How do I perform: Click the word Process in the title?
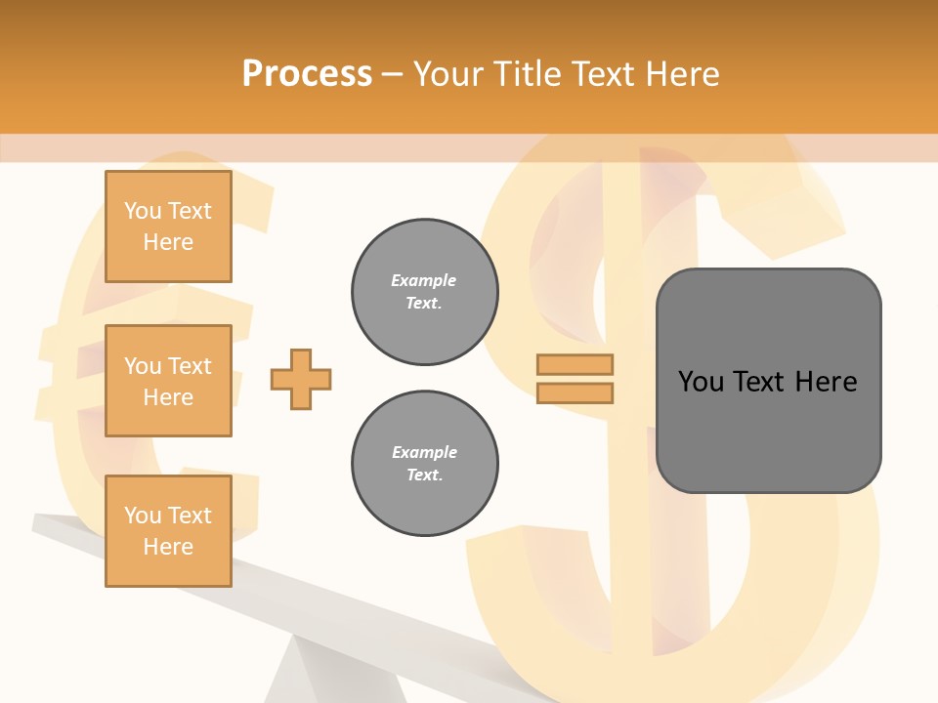[x=307, y=74]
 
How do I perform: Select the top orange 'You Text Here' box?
[x=168, y=227]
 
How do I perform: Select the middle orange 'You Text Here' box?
[x=168, y=381]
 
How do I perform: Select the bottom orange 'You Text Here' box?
[x=168, y=531]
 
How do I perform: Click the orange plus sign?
[x=301, y=379]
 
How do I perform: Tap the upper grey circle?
[x=424, y=292]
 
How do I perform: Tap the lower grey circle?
[x=424, y=464]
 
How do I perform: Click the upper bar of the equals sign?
[x=575, y=364]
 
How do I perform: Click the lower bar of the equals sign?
[x=575, y=393]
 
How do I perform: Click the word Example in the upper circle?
[x=423, y=280]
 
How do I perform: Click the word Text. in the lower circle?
[x=424, y=476]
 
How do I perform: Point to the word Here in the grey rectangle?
[x=826, y=382]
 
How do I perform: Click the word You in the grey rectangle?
[x=701, y=382]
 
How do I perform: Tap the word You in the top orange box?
[x=143, y=211]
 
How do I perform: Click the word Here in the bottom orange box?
[x=168, y=547]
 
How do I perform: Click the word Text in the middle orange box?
[x=190, y=366]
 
